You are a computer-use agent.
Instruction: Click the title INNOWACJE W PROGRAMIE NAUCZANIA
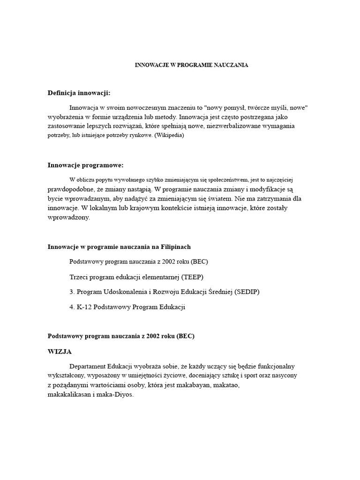coord(191,65)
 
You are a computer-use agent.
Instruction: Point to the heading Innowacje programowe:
coord(85,165)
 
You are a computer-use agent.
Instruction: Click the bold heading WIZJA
coord(60,351)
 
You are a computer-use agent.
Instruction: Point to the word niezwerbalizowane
coord(234,126)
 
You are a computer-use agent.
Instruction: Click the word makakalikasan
coord(70,395)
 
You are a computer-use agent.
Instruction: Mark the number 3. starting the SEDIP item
coord(72,292)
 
